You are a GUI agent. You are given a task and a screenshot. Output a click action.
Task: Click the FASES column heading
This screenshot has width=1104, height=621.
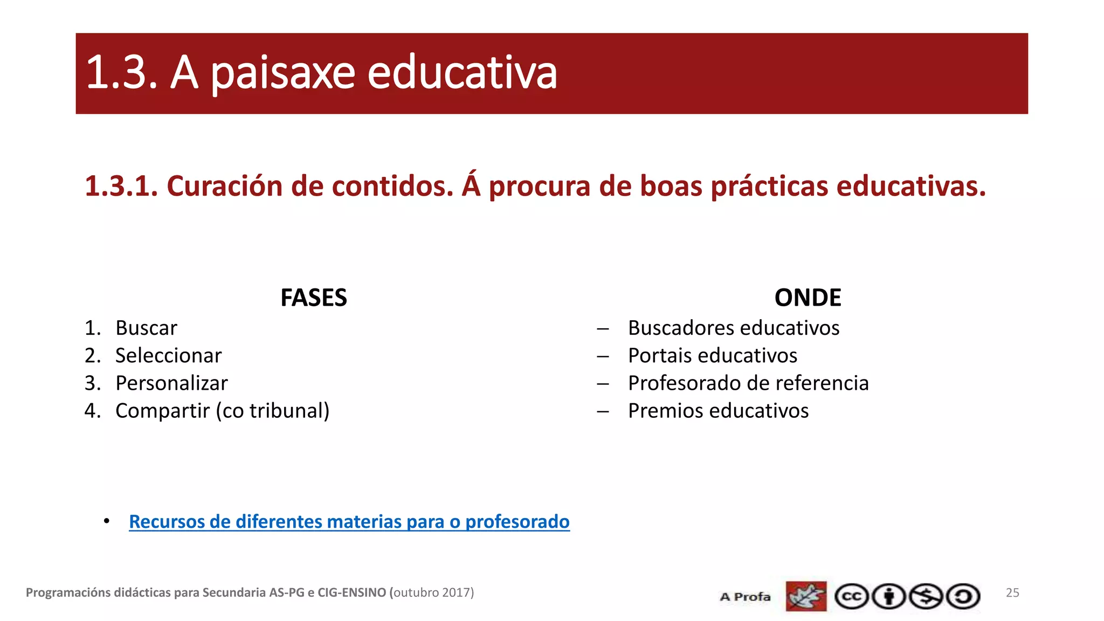click(314, 298)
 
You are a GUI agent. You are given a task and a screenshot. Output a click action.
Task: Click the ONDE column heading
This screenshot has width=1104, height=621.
click(808, 298)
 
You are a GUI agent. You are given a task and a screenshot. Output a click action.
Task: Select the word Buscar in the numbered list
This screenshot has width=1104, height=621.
click(146, 328)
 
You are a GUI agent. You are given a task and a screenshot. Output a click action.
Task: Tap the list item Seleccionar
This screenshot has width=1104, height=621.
click(168, 356)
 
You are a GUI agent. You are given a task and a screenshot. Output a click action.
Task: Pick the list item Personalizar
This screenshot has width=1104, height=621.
click(171, 383)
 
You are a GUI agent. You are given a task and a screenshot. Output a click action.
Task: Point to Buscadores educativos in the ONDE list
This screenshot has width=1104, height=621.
click(733, 328)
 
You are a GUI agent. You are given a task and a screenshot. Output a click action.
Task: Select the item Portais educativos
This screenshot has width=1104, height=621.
click(712, 356)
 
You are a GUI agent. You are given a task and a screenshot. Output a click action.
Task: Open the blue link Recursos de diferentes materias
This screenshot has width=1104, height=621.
click(349, 522)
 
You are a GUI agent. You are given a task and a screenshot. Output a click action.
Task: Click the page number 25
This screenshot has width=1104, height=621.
click(1012, 592)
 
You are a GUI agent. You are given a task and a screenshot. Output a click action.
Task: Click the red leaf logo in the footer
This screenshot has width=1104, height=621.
click(806, 596)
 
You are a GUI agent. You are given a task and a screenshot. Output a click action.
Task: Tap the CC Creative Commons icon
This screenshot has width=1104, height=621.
click(851, 597)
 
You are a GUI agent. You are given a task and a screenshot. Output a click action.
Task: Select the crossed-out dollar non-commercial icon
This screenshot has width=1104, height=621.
click(926, 597)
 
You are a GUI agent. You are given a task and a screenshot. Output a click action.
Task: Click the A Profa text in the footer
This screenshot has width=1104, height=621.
click(745, 597)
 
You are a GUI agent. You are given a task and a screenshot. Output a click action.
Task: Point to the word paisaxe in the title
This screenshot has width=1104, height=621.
click(282, 73)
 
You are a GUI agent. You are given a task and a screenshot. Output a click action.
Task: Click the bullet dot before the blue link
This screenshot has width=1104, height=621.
click(107, 521)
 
